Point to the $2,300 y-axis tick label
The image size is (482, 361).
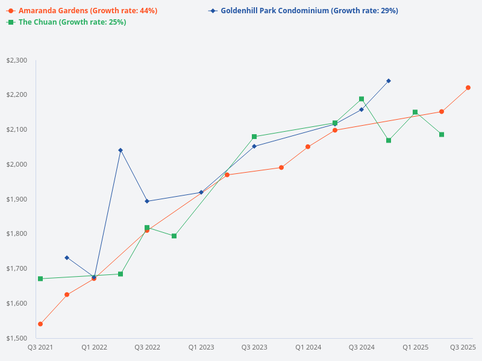(x=16, y=60)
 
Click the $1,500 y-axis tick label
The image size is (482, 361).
(x=16, y=338)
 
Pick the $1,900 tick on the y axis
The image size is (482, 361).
(x=16, y=199)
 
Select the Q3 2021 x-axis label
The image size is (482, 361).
(x=40, y=347)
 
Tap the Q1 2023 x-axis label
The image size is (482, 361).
(x=201, y=347)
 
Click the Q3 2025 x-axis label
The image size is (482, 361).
(x=463, y=347)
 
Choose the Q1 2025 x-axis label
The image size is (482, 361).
(x=415, y=347)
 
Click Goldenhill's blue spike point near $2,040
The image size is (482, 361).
(x=120, y=150)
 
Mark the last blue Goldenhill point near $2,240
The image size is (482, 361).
(x=389, y=81)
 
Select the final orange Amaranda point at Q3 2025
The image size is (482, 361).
(x=468, y=88)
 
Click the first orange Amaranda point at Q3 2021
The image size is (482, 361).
(x=40, y=324)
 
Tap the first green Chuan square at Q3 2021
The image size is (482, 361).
(x=40, y=279)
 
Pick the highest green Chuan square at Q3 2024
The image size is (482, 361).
(x=361, y=99)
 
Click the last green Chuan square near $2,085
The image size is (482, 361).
(x=442, y=134)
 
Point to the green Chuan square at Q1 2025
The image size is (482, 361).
(x=415, y=112)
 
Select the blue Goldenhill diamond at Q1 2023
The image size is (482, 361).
(x=201, y=193)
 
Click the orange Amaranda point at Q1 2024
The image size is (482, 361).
(x=308, y=147)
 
